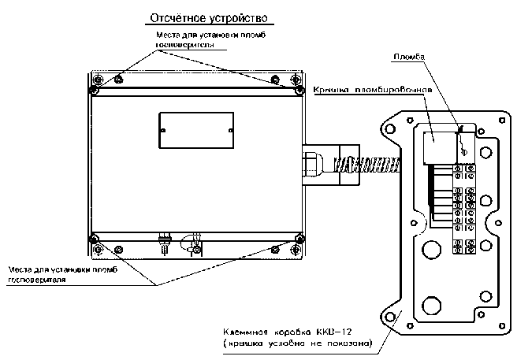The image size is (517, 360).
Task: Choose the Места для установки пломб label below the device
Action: point(61,270)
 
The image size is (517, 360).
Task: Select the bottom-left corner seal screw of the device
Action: point(94,239)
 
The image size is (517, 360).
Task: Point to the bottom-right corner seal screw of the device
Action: point(299,239)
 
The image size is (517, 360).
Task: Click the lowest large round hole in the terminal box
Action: point(430,305)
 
